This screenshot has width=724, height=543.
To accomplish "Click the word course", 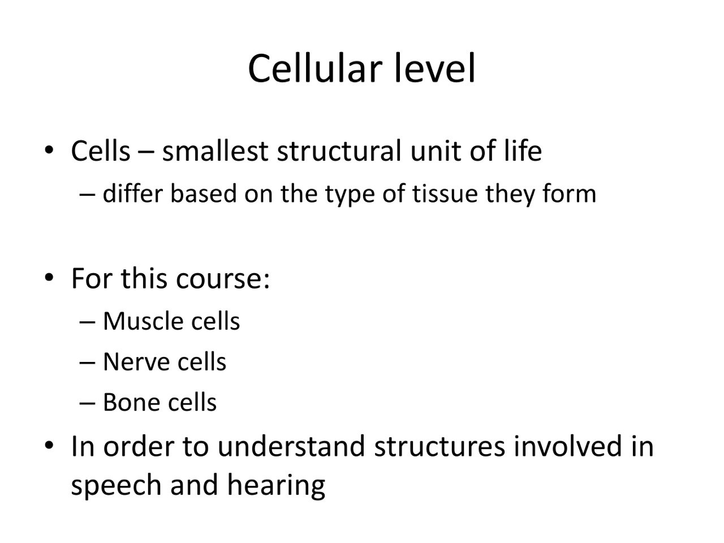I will pos(222,278).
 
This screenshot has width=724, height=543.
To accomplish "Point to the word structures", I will pos(439,446).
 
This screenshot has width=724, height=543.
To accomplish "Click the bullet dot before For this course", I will pos(49,278).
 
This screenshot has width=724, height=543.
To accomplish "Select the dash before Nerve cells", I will pos(88,363).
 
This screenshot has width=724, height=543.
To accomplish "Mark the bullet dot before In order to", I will pos(49,445).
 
